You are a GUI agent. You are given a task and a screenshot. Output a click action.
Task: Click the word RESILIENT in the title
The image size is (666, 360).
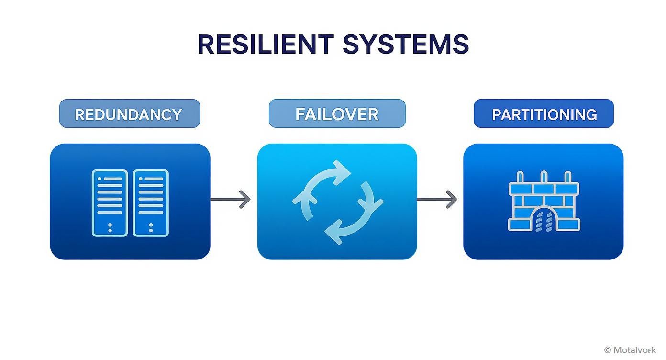(265, 44)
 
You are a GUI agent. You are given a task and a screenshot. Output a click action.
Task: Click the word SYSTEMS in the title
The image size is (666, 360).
(405, 44)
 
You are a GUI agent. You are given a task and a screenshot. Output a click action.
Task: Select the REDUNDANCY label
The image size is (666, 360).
(129, 114)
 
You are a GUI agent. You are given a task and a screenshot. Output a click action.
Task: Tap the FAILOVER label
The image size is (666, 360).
(337, 114)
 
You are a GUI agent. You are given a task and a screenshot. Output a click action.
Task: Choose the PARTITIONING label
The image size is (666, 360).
(544, 114)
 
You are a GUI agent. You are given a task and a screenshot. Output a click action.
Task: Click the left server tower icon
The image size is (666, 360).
(110, 202)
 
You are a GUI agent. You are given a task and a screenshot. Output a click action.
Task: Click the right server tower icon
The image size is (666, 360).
(151, 202)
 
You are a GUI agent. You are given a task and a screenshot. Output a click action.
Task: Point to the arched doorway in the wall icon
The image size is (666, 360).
(544, 222)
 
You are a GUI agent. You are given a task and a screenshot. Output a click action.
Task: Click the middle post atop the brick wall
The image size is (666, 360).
(544, 177)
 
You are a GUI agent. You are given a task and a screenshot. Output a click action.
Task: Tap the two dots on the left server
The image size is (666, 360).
(110, 227)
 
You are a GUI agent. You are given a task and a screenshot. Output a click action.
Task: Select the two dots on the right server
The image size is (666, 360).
(151, 227)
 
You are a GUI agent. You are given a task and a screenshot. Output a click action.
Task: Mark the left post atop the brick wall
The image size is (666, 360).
(521, 177)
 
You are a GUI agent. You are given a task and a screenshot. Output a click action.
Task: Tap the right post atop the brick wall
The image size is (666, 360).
(567, 177)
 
